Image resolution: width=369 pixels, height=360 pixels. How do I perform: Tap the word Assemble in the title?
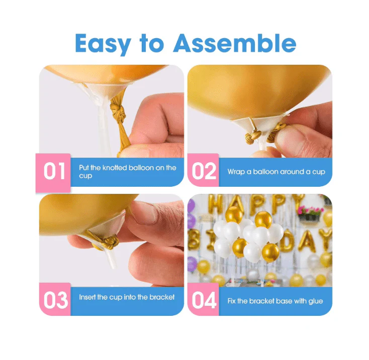[x=235, y=43]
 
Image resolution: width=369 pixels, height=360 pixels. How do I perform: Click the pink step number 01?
[x=54, y=171]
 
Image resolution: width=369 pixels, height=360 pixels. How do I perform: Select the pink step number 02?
[x=204, y=171]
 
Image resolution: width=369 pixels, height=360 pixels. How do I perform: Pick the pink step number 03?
[x=56, y=300]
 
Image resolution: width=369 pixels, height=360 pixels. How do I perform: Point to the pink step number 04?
[x=204, y=300]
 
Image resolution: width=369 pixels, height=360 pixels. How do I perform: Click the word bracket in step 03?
[x=162, y=297]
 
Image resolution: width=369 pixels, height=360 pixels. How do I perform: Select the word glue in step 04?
[x=315, y=301]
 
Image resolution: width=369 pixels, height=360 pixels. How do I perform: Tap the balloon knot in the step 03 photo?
[x=110, y=242]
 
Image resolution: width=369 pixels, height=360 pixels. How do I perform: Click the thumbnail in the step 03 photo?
[x=144, y=211]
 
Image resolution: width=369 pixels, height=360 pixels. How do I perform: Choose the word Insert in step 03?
[x=87, y=297]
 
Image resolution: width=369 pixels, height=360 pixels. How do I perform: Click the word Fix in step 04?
[x=231, y=301]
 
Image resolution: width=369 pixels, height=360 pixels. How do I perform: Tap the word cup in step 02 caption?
[x=319, y=172]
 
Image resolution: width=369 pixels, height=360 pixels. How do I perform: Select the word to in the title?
[x=152, y=44]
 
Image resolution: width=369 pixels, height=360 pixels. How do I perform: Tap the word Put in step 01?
[x=83, y=168]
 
